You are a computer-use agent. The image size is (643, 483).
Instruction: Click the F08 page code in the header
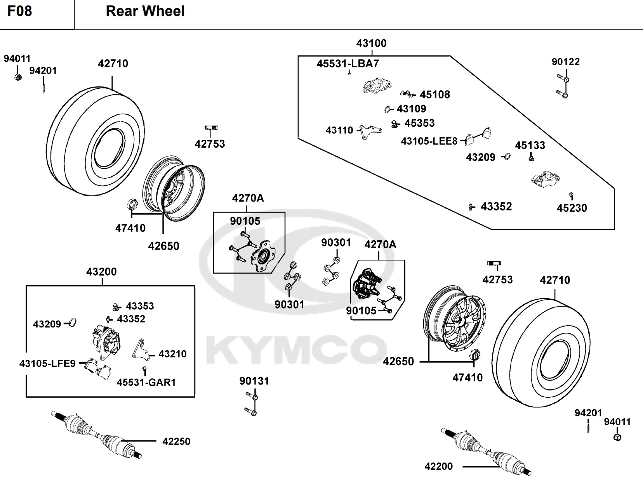coord(19,11)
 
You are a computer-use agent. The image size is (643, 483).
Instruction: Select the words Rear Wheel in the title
coord(145,11)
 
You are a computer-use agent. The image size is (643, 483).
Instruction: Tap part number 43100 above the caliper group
coord(371,43)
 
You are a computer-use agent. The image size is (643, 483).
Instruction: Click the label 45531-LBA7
coord(348,64)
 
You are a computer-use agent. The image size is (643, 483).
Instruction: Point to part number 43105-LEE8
coord(429,141)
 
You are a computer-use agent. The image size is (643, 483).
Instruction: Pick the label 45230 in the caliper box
coord(572,208)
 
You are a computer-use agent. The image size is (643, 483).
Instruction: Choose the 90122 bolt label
coord(565,62)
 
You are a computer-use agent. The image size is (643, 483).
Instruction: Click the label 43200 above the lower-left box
coord(101,272)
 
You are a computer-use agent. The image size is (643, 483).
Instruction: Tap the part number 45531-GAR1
coord(146,383)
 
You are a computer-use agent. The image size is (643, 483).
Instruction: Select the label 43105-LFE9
coord(47,364)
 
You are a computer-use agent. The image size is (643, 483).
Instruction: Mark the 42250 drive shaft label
coord(176,442)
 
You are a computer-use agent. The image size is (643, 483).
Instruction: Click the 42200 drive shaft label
coord(438,466)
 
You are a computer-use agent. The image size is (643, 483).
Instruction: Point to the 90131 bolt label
coord(254,381)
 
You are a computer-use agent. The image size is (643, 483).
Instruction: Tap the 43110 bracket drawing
coord(369,132)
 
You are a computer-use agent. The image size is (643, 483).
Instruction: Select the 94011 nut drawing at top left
coord(18,76)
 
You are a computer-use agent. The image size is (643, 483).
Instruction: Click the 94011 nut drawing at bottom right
coord(617,437)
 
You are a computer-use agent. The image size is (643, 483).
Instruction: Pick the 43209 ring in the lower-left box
coord(72,323)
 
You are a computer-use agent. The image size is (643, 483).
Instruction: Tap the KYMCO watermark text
coord(295,349)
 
